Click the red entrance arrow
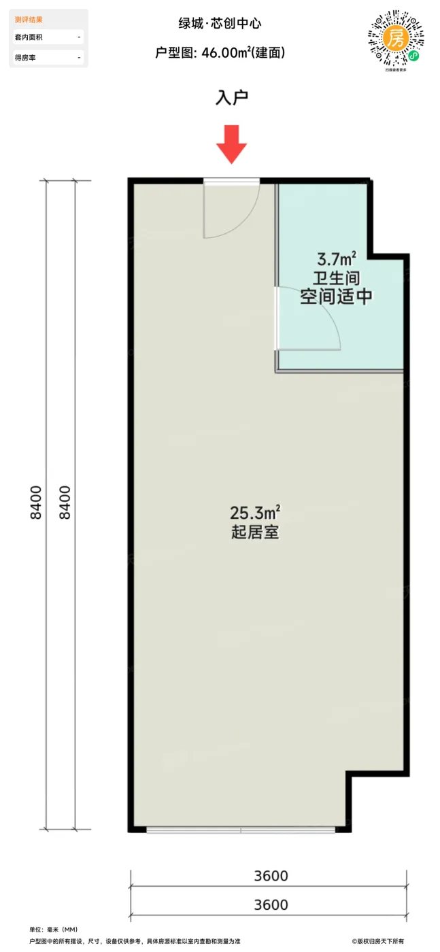coord(232,144)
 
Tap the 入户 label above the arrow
coord(232,98)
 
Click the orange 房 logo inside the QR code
coord(396,37)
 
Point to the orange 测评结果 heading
coord(28,20)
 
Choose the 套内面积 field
coord(29,37)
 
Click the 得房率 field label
coord(25,58)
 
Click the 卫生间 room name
coord(336,278)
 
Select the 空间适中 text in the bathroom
coord(336,296)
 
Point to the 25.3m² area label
coord(255,511)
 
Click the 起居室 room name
coord(255,532)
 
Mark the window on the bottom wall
coord(240,829)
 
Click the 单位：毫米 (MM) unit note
coord(54,929)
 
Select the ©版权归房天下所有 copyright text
coord(377,941)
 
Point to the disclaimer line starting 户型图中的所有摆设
coord(135,941)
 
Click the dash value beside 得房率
coord(79,58)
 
